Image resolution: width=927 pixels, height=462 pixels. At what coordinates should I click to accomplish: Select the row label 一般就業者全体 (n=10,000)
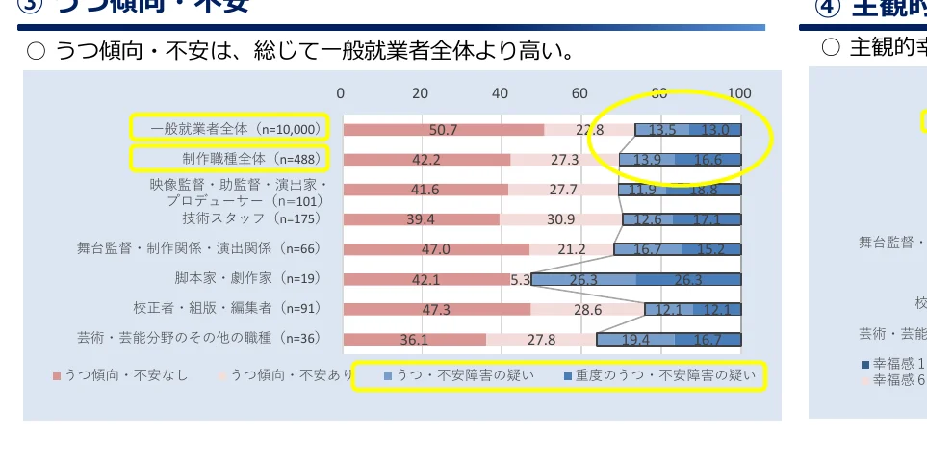point(228,128)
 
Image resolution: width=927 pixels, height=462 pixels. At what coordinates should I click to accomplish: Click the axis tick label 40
point(500,92)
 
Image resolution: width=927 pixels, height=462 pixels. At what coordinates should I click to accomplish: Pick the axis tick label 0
point(341,92)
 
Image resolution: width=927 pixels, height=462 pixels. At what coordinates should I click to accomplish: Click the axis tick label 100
point(739,92)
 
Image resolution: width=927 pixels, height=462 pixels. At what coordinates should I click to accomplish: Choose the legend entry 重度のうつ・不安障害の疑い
point(665,374)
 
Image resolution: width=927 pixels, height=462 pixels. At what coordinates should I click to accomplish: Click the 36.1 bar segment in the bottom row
point(414,339)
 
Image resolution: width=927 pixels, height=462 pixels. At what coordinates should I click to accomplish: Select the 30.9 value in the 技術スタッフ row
point(559,219)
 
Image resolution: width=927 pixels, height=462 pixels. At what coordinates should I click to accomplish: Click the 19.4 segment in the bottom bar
point(636,339)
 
